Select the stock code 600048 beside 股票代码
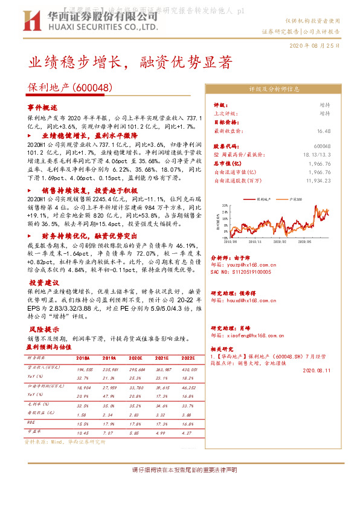coord(323,146)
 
